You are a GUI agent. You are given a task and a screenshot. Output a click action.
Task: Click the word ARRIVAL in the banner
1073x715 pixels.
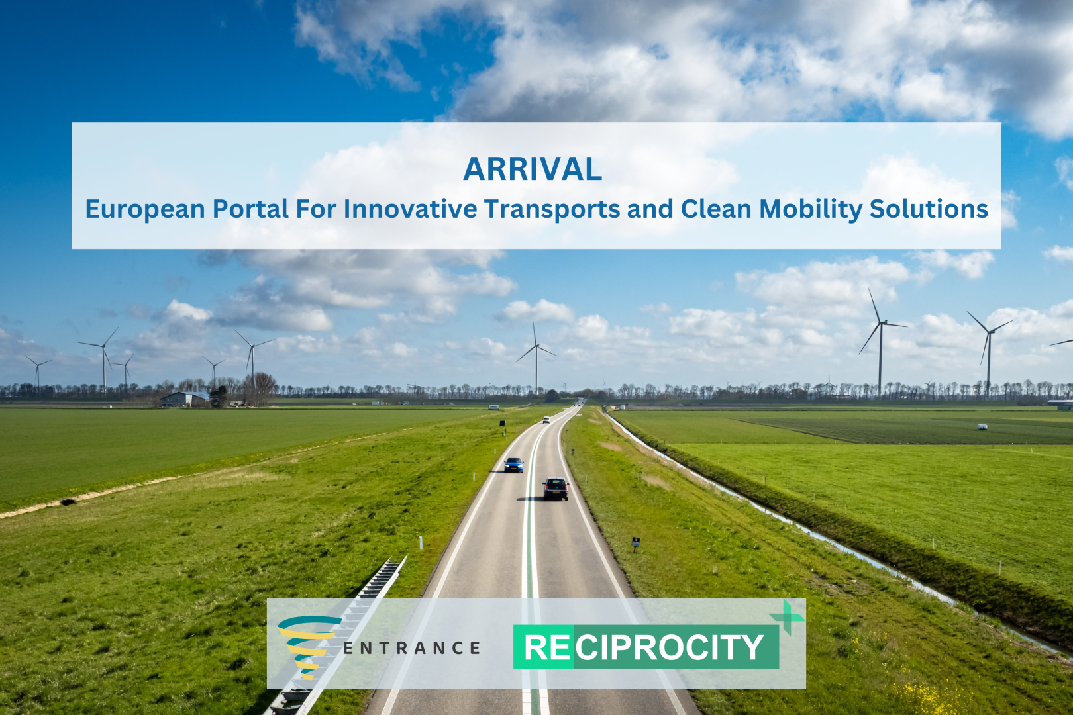click(533, 169)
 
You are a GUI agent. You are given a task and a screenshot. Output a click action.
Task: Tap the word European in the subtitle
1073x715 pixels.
click(145, 210)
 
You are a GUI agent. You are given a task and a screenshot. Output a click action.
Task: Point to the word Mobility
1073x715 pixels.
click(811, 210)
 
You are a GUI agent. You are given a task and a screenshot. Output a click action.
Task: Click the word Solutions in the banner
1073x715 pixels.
click(929, 209)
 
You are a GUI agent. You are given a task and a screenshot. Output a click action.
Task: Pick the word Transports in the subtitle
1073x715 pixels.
click(552, 210)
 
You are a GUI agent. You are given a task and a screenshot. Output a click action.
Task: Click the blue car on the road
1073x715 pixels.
click(513, 465)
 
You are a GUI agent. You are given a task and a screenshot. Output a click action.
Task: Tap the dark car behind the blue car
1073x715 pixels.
click(556, 489)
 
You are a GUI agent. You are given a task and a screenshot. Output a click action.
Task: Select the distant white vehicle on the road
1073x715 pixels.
click(546, 420)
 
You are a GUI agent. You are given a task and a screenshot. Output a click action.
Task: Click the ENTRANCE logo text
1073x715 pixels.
click(412, 648)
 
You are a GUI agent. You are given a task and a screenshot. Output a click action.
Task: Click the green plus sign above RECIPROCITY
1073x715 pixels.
click(787, 617)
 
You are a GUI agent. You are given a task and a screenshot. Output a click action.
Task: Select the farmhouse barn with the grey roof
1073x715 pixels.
click(184, 399)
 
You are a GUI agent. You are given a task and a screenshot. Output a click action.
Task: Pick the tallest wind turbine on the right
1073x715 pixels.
click(880, 342)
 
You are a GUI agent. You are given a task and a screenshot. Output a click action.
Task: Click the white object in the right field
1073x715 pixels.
click(982, 427)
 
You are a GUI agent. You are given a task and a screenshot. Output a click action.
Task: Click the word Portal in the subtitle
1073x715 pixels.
click(250, 209)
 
